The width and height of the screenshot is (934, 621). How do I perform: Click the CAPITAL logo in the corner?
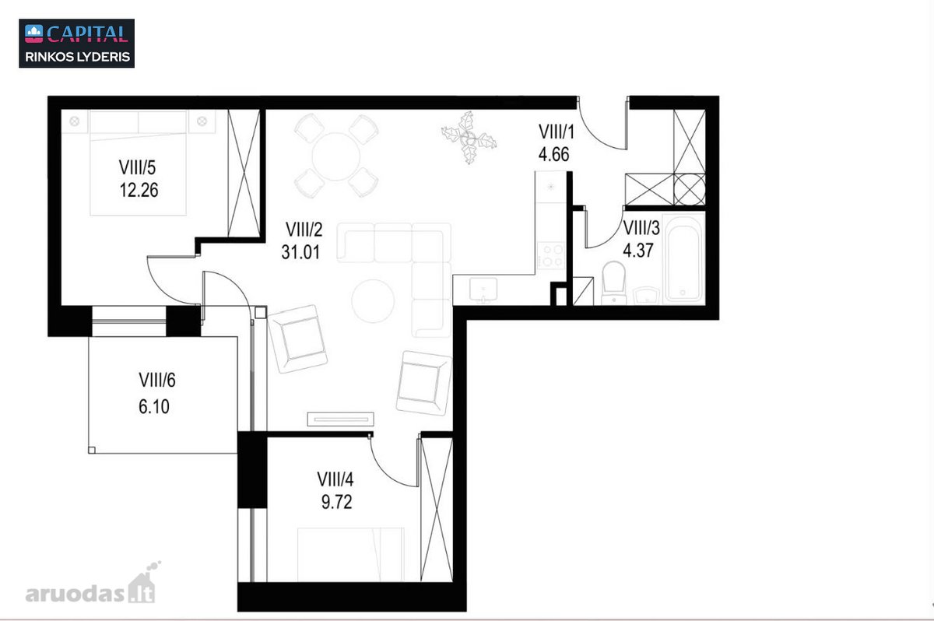pyautogui.click(x=77, y=43)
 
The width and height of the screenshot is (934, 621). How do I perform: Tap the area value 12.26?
pyautogui.click(x=139, y=190)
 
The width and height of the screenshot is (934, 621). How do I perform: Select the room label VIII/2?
pyautogui.click(x=304, y=230)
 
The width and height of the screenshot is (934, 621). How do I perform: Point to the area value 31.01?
pyautogui.click(x=300, y=252)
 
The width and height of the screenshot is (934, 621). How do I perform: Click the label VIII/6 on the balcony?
pyautogui.click(x=156, y=380)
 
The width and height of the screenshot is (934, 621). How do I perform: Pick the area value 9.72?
pyautogui.click(x=336, y=502)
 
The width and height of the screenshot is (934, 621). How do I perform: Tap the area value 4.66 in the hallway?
pyautogui.click(x=553, y=155)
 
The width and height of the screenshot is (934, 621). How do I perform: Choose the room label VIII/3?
pyautogui.click(x=641, y=228)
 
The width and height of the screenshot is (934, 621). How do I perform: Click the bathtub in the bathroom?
pyautogui.click(x=683, y=258)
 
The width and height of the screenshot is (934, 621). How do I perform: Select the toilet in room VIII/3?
pyautogui.click(x=614, y=283)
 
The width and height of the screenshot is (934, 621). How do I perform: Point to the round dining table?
pyautogui.click(x=335, y=156)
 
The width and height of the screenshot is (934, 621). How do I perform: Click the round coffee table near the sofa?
pyautogui.click(x=373, y=301)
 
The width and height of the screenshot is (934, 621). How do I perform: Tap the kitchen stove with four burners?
pyautogui.click(x=551, y=255)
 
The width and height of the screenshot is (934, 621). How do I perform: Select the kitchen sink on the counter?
pyautogui.click(x=483, y=289)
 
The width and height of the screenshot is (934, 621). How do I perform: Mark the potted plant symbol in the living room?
pyautogui.click(x=469, y=138)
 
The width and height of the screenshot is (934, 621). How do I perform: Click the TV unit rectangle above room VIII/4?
pyautogui.click(x=340, y=419)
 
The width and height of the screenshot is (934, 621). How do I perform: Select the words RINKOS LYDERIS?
pyautogui.click(x=78, y=57)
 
